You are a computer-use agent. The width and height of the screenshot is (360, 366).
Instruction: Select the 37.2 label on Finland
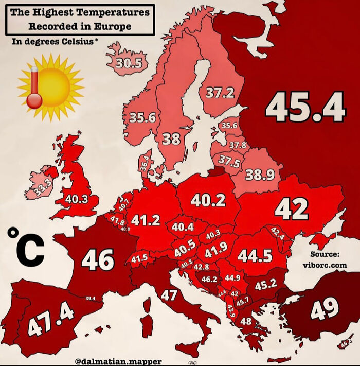(220, 93)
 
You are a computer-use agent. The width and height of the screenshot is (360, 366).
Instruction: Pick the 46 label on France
(97, 260)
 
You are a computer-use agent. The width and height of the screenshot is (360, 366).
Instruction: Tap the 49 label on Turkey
(325, 309)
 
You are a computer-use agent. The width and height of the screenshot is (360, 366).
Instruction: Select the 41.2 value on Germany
(146, 220)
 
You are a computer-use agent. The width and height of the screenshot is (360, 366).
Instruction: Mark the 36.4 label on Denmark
(145, 164)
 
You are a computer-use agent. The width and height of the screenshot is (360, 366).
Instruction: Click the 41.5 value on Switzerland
(139, 258)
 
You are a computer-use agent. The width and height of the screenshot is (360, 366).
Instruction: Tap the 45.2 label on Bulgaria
(266, 284)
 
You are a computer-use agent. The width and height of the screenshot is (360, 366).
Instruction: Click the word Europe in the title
(116, 26)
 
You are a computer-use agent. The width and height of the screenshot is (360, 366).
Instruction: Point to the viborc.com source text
(325, 265)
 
